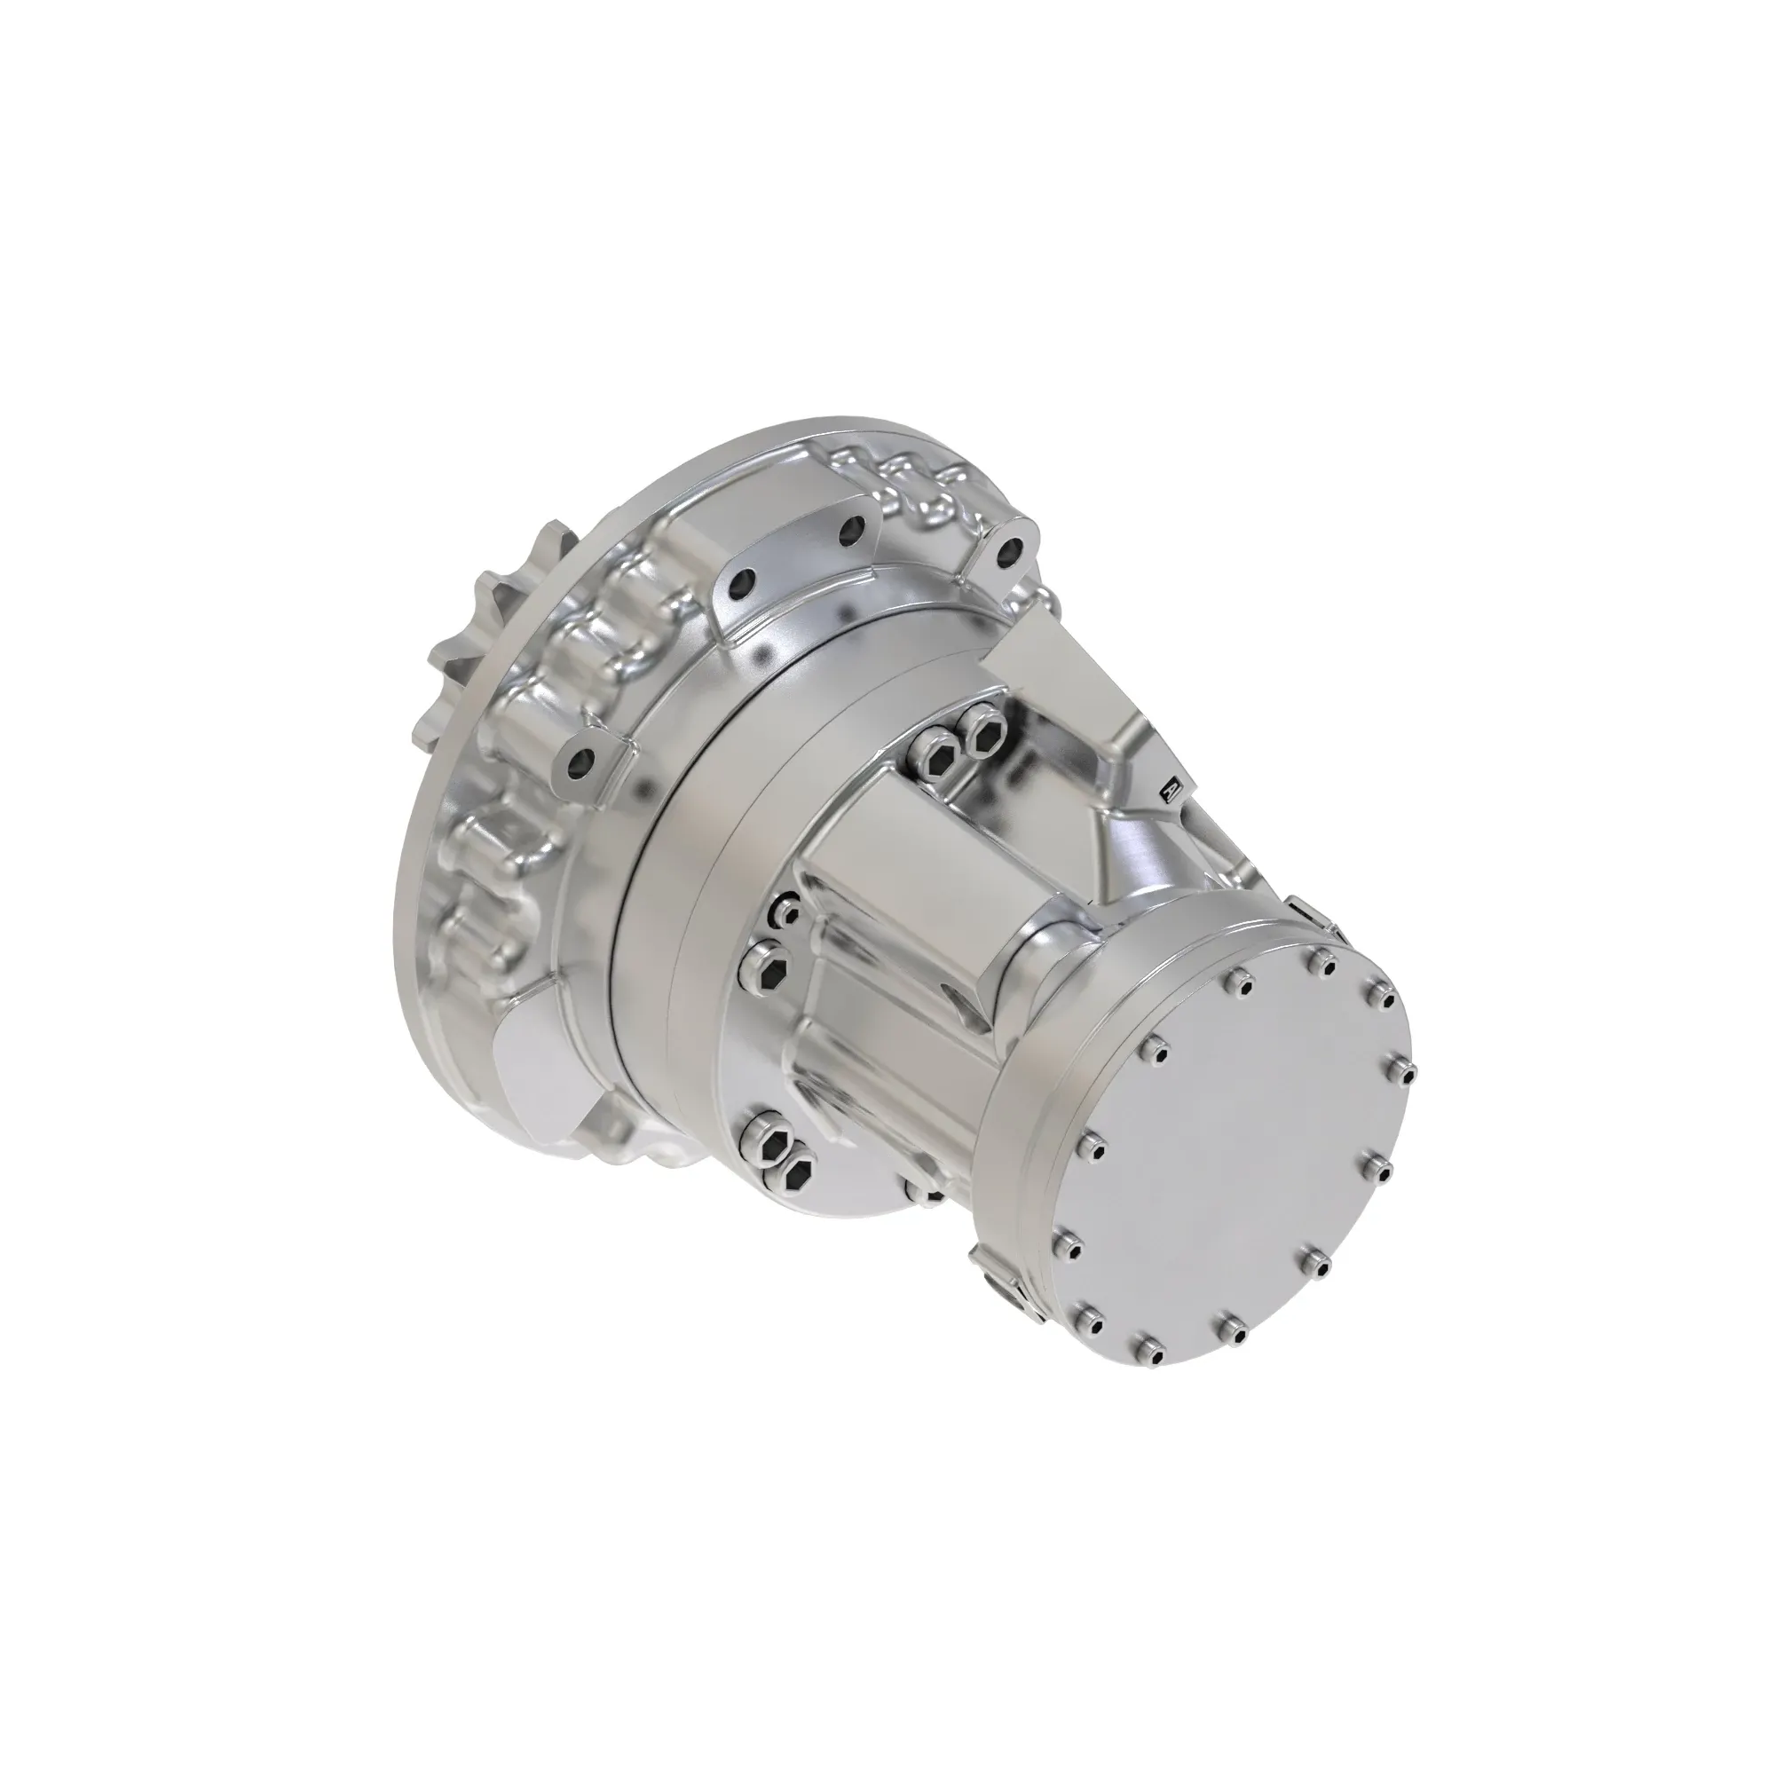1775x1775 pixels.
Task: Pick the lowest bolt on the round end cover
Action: (1147, 1349)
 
